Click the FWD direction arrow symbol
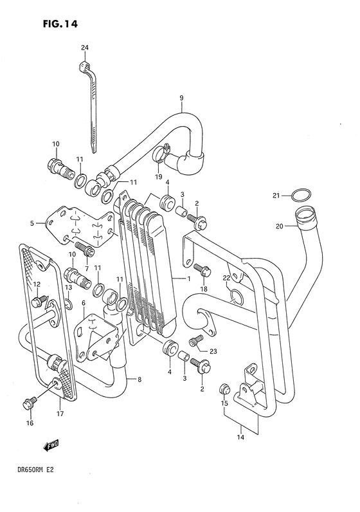pos(52,444)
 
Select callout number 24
pos(85,48)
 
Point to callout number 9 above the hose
pos(181,98)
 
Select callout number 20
pos(280,226)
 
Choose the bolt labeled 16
pos(27,403)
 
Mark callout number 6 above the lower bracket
pos(83,302)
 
